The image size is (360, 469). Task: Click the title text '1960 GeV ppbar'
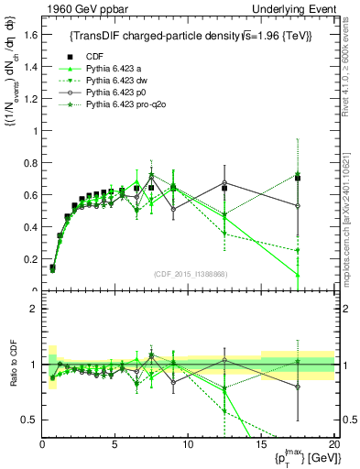click(81, 9)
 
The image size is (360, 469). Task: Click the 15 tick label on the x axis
click(260, 444)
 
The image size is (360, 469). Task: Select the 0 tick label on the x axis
click(42, 444)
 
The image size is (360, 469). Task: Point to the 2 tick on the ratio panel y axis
click(34, 309)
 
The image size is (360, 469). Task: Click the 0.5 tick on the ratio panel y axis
click(31, 420)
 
